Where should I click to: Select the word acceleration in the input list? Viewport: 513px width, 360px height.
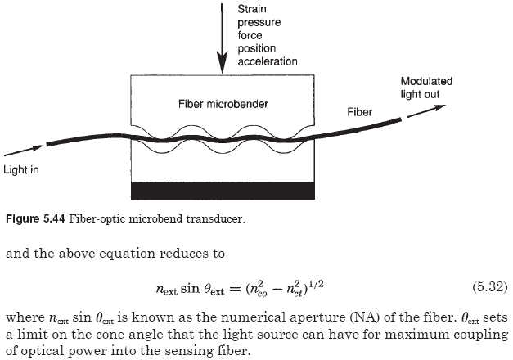(x=268, y=61)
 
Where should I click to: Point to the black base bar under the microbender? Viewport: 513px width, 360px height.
(x=223, y=190)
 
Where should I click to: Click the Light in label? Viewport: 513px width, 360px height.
(x=21, y=170)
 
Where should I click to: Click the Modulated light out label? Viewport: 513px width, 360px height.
(x=426, y=88)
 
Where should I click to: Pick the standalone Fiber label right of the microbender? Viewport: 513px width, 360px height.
(x=360, y=111)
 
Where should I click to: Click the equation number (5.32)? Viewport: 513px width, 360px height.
(x=489, y=288)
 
